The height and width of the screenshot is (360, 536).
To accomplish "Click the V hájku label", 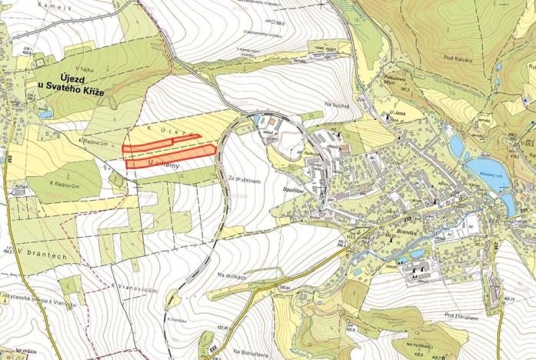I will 84,68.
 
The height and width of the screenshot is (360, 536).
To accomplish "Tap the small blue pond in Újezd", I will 48,114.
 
